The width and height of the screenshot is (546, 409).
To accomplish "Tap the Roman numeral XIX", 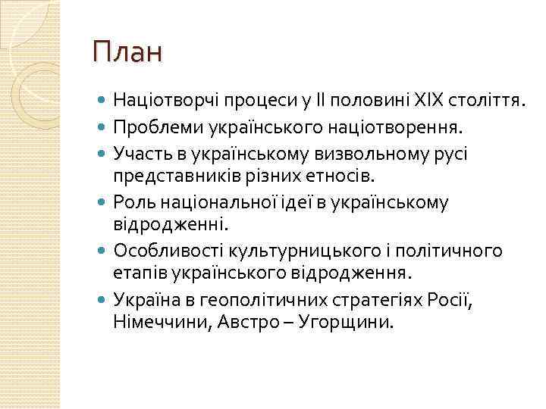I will click(x=426, y=98).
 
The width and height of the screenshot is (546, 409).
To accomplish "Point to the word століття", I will click(x=485, y=98).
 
